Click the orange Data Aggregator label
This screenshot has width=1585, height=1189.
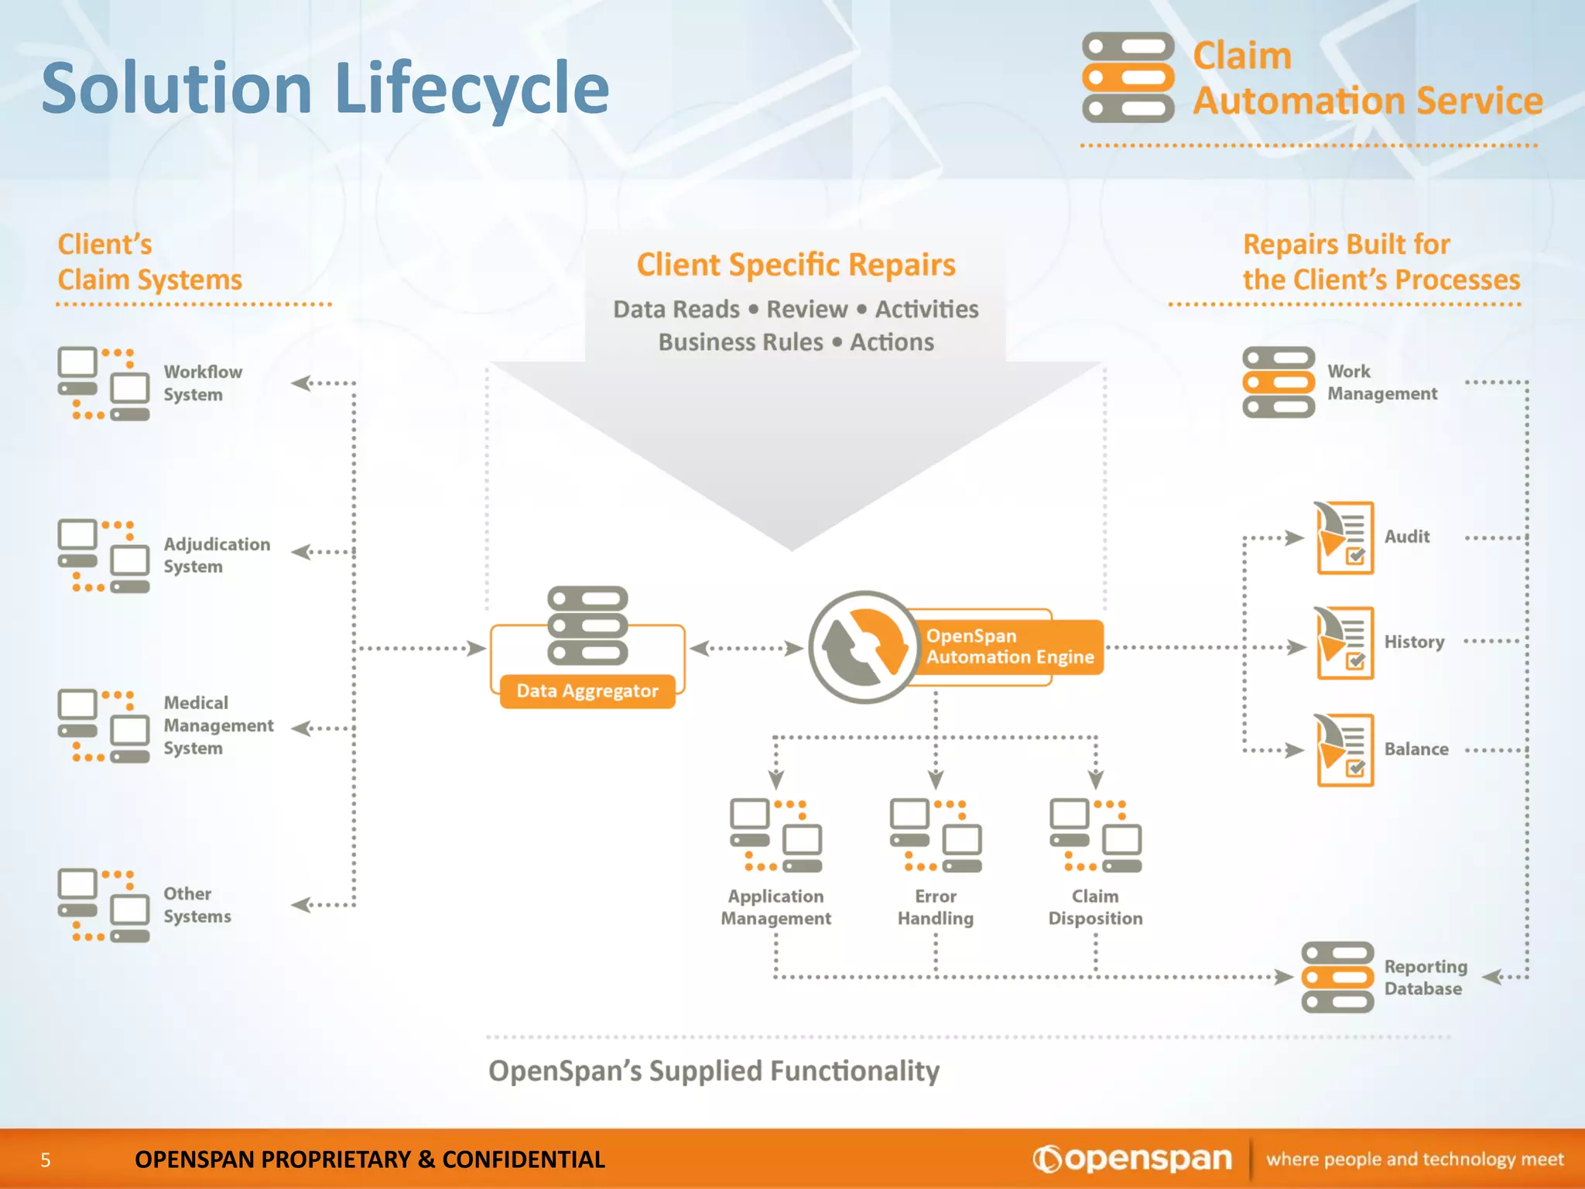coord(587,690)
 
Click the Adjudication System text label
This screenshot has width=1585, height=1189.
coord(217,555)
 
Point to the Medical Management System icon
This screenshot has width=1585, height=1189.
coord(104,726)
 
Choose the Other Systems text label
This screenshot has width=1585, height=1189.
coord(197,904)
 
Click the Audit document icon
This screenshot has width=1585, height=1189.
coord(1344,537)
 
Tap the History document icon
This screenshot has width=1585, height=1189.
coord(1344,642)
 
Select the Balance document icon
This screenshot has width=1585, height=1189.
coord(1344,749)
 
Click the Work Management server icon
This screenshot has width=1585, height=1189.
coord(1279,382)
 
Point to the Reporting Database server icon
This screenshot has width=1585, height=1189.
coord(1337,977)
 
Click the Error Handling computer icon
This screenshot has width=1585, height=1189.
coord(936,836)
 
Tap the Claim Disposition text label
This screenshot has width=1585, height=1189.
coord(1095,907)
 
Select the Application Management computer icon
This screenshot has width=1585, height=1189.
coord(775,836)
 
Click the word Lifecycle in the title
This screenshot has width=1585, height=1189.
coord(472,89)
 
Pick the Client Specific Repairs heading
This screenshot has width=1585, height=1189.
coord(796,265)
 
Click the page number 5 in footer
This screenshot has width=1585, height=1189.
coord(46,1160)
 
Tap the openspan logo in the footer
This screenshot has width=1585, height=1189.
coord(1132,1159)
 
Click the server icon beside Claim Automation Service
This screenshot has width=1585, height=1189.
coord(1128,77)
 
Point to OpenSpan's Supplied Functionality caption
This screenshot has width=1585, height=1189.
coord(714,1071)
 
